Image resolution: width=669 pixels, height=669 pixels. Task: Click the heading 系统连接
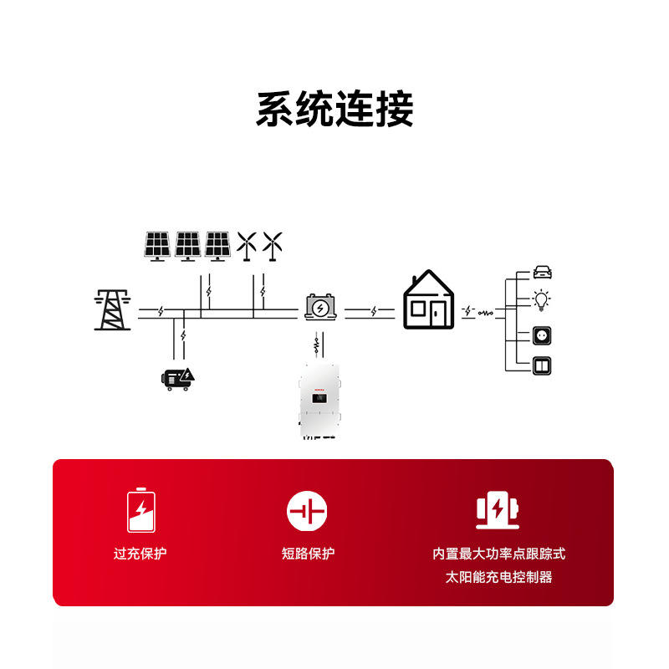click(334, 110)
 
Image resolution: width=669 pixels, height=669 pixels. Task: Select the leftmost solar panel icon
click(157, 246)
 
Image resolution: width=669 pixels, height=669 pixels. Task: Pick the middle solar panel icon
click(187, 246)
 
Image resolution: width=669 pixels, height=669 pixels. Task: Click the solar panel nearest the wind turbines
click(217, 246)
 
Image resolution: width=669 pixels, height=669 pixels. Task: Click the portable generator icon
click(179, 378)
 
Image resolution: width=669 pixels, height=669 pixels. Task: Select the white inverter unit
click(320, 402)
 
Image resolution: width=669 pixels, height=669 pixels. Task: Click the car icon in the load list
click(543, 272)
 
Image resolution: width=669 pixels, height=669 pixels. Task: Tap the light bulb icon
click(543, 299)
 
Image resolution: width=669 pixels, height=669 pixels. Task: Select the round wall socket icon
click(543, 336)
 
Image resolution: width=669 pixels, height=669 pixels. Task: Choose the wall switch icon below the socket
click(543, 365)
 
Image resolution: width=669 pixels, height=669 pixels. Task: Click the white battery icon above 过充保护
click(140, 510)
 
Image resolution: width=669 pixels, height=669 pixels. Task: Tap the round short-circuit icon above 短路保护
click(307, 510)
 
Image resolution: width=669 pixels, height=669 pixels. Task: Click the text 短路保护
click(308, 554)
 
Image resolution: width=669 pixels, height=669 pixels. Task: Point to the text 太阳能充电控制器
click(498, 577)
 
